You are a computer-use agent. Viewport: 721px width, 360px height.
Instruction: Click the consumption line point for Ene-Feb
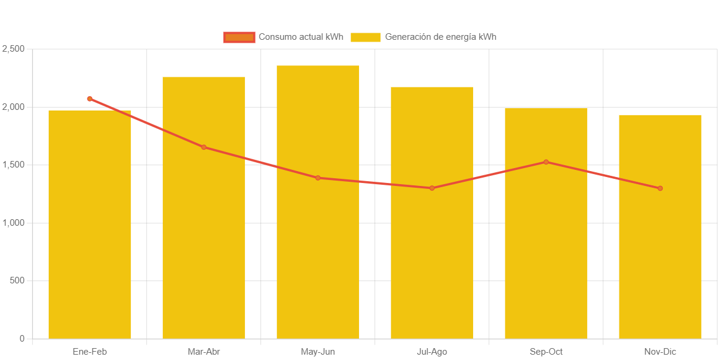point(90,99)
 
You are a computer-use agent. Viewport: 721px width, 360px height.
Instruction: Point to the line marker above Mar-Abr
point(204,147)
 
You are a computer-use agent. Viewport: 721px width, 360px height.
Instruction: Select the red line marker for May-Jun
point(318,178)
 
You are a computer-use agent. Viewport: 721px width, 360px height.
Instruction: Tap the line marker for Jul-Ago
point(432,188)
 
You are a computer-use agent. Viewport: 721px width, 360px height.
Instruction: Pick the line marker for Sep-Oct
point(546,162)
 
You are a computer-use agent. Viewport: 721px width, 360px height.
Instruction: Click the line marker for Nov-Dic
point(660,188)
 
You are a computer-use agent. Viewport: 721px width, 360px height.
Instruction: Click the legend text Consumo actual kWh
point(301,37)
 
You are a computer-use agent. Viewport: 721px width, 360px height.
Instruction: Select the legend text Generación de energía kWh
point(440,37)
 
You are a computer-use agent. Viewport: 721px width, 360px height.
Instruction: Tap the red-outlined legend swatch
point(239,37)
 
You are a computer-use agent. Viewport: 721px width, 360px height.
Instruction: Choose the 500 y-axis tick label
point(17,280)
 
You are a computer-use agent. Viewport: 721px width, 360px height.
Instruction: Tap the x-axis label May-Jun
point(318,352)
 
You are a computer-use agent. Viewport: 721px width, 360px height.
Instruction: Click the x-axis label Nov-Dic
point(660,352)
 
